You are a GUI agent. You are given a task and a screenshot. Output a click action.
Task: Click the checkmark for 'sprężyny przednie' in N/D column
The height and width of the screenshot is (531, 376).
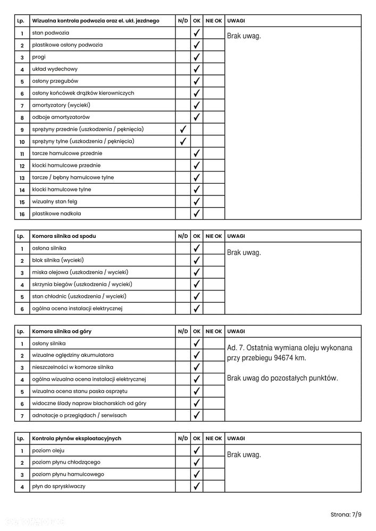[183, 129]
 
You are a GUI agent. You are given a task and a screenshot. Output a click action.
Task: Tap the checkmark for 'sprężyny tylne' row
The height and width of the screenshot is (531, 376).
[183, 141]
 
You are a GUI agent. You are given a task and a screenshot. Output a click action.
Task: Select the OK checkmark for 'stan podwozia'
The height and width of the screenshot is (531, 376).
[197, 33]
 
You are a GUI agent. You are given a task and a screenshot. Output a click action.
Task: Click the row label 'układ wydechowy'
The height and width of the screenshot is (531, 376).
[55, 69]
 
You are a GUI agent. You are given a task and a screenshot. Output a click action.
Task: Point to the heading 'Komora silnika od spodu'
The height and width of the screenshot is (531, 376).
[64, 236]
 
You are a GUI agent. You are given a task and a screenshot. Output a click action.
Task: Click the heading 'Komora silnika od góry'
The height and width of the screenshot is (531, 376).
[62, 331]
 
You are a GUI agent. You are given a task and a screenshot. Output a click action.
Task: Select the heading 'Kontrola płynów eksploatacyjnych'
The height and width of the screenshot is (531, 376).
[77, 439]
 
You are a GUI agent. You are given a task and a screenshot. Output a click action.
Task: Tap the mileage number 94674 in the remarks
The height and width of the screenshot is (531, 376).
[282, 358]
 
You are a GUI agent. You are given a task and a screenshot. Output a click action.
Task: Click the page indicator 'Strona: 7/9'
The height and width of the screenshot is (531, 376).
[346, 515]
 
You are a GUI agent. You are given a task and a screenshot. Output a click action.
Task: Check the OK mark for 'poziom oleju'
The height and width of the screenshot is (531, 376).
[197, 450]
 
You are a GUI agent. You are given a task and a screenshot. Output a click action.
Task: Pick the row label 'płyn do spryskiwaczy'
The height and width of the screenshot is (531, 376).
[59, 486]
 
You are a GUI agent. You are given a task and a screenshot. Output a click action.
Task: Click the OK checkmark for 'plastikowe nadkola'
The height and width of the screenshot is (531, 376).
[197, 213]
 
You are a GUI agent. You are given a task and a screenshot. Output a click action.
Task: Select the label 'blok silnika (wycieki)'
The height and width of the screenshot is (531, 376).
[58, 260]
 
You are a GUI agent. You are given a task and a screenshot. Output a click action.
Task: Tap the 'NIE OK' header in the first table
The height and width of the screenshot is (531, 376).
[214, 21]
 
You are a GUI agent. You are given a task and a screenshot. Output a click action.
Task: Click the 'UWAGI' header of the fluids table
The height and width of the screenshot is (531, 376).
[236, 439]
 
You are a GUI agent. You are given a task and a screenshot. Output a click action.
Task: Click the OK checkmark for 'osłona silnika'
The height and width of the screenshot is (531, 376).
[197, 248]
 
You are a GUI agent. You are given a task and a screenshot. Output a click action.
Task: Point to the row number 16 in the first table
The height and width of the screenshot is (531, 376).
[22, 214]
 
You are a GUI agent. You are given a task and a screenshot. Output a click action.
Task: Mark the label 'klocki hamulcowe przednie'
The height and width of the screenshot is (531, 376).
[66, 166]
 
